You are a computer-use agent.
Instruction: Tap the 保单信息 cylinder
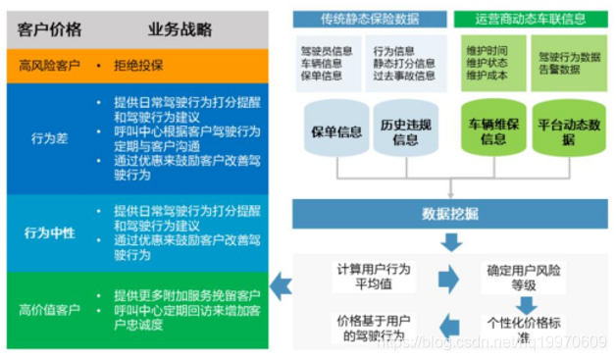point(336,132)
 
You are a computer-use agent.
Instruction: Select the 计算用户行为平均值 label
point(373,277)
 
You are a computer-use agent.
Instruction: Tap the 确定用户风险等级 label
point(525,277)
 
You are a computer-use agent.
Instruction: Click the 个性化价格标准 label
point(525,330)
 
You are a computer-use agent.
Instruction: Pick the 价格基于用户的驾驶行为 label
point(373,328)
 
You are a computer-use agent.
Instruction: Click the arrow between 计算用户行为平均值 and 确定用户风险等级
point(447,278)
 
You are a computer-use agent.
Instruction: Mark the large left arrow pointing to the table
point(282,286)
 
